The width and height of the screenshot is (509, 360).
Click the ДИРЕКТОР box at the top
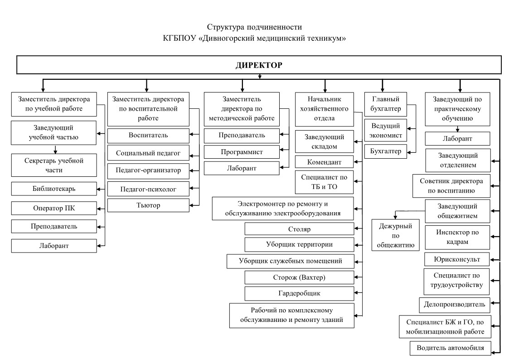(259, 65)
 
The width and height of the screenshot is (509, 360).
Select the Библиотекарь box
(54, 189)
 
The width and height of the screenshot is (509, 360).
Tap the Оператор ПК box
(54, 208)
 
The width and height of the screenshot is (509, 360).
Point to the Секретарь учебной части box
(54, 165)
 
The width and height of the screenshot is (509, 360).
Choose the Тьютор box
(148, 205)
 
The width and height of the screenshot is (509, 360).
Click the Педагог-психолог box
(148, 189)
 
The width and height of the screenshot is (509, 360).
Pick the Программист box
(242, 152)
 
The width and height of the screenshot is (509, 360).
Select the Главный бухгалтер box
(385, 104)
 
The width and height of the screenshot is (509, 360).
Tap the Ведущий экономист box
(385, 131)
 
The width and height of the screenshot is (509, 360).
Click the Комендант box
(324, 162)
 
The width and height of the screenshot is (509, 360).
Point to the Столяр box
(299, 229)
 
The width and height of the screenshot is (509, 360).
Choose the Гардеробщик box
(299, 293)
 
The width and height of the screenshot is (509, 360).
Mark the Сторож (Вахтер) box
(299, 277)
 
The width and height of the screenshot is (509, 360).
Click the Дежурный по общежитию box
(395, 235)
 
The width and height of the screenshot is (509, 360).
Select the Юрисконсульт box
(457, 259)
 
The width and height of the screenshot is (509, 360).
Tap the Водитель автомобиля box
(450, 348)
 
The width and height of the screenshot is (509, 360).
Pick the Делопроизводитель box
(455, 305)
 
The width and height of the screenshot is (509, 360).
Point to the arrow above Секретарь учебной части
(55, 149)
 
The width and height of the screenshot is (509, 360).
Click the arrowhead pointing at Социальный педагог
(192, 156)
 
